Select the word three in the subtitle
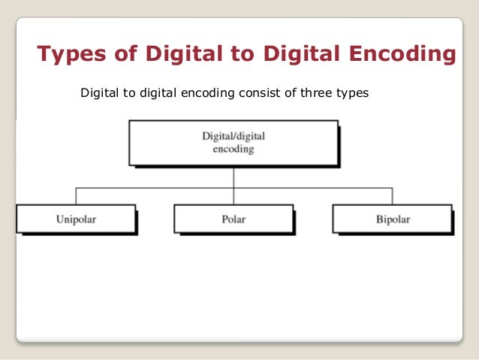click(x=309, y=95)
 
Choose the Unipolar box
click(x=75, y=219)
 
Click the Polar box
click(x=233, y=219)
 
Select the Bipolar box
click(x=392, y=219)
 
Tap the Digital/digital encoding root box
click(x=233, y=144)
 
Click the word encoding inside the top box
click(x=233, y=150)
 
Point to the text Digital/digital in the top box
click(x=233, y=138)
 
